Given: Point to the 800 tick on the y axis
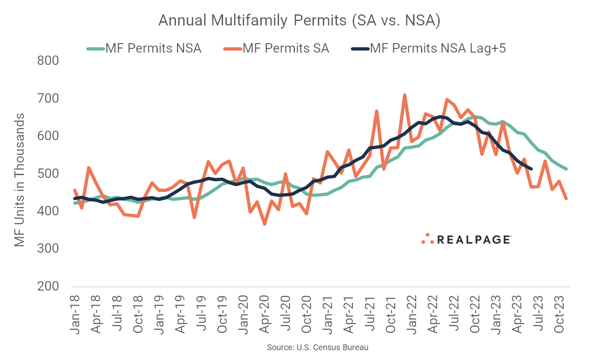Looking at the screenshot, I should (x=48, y=61).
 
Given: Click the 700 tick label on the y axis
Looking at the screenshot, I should (x=48, y=99).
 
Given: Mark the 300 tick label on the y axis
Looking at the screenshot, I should (x=48, y=249).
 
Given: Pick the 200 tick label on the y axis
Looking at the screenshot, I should (x=48, y=286).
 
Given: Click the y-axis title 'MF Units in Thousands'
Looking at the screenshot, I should (x=19, y=180).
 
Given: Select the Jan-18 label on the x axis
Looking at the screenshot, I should (x=75, y=314).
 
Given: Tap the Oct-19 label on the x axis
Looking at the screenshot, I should (x=222, y=314).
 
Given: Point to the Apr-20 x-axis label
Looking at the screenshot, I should (x=264, y=314).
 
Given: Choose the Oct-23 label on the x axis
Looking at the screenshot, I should (x=559, y=314).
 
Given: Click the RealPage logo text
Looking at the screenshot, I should (x=473, y=240).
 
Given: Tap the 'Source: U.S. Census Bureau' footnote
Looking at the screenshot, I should (x=318, y=348).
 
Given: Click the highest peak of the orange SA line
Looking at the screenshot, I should (x=405, y=95).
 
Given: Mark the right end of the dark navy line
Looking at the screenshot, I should (x=531, y=169).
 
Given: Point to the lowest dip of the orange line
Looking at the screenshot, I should (x=265, y=224).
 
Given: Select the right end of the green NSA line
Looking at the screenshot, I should (x=566, y=169).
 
